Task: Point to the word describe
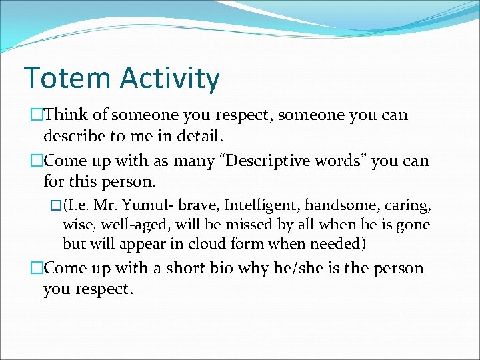76,136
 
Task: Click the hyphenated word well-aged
127,225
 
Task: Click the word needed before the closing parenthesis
336,243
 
